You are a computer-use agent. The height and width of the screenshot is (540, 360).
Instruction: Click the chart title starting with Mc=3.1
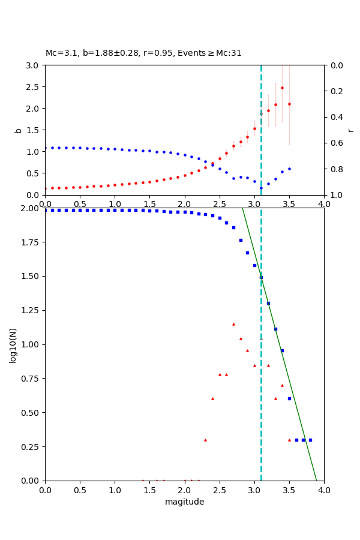[143, 53]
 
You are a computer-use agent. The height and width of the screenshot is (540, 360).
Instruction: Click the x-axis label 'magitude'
[184, 502]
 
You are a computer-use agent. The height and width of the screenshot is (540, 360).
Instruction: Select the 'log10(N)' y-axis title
[13, 344]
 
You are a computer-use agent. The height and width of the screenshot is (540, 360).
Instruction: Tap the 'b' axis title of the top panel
[18, 130]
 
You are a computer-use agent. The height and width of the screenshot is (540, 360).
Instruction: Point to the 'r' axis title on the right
[350, 130]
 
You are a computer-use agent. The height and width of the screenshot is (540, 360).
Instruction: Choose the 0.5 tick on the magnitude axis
[80, 489]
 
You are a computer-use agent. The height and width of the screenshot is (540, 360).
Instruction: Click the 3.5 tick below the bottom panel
[289, 489]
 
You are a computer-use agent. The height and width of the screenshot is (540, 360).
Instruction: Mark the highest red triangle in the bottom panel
[233, 324]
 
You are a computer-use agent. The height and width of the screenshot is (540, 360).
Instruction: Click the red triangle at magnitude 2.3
[205, 440]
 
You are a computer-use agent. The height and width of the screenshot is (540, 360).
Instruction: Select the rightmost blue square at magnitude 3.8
[310, 440]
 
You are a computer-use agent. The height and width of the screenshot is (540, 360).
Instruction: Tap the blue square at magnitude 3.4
[282, 350]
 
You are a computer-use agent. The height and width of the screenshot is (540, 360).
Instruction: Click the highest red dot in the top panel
[282, 88]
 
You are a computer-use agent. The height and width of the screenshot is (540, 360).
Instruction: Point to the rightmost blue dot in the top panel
[289, 169]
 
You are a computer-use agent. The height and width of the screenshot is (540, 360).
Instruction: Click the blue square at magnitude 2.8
[241, 240]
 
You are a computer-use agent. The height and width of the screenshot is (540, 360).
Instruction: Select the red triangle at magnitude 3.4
[282, 385]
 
